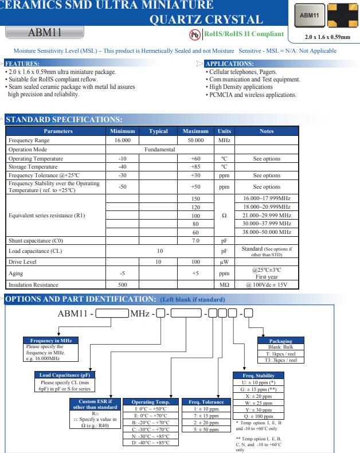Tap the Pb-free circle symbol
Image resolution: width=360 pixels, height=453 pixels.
pyautogui.click(x=194, y=34)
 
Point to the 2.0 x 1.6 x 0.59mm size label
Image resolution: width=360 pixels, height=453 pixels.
pyautogui.click(x=327, y=37)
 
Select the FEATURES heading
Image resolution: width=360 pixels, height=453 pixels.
pyautogui.click(x=23, y=63)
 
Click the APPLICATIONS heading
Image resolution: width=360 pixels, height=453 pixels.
pyautogui.click(x=229, y=63)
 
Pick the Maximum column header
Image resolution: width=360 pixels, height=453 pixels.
pyautogui.click(x=195, y=131)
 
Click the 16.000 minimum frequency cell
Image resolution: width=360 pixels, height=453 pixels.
pyautogui.click(x=123, y=140)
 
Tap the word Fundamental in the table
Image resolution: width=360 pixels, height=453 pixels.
pyautogui.click(x=159, y=149)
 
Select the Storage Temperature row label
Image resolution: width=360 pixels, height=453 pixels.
pyautogui.click(x=33, y=167)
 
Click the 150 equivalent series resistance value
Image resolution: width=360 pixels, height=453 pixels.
pyautogui.click(x=195, y=198)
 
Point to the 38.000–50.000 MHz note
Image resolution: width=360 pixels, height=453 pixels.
pyautogui.click(x=267, y=232)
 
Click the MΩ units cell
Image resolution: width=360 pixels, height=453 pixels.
pyautogui.click(x=224, y=284)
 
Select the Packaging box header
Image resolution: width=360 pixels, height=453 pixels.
pyautogui.click(x=280, y=341)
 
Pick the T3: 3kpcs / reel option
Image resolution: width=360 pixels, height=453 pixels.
pyautogui.click(x=280, y=360)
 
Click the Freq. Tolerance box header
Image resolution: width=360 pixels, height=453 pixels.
pyautogui.click(x=205, y=402)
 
